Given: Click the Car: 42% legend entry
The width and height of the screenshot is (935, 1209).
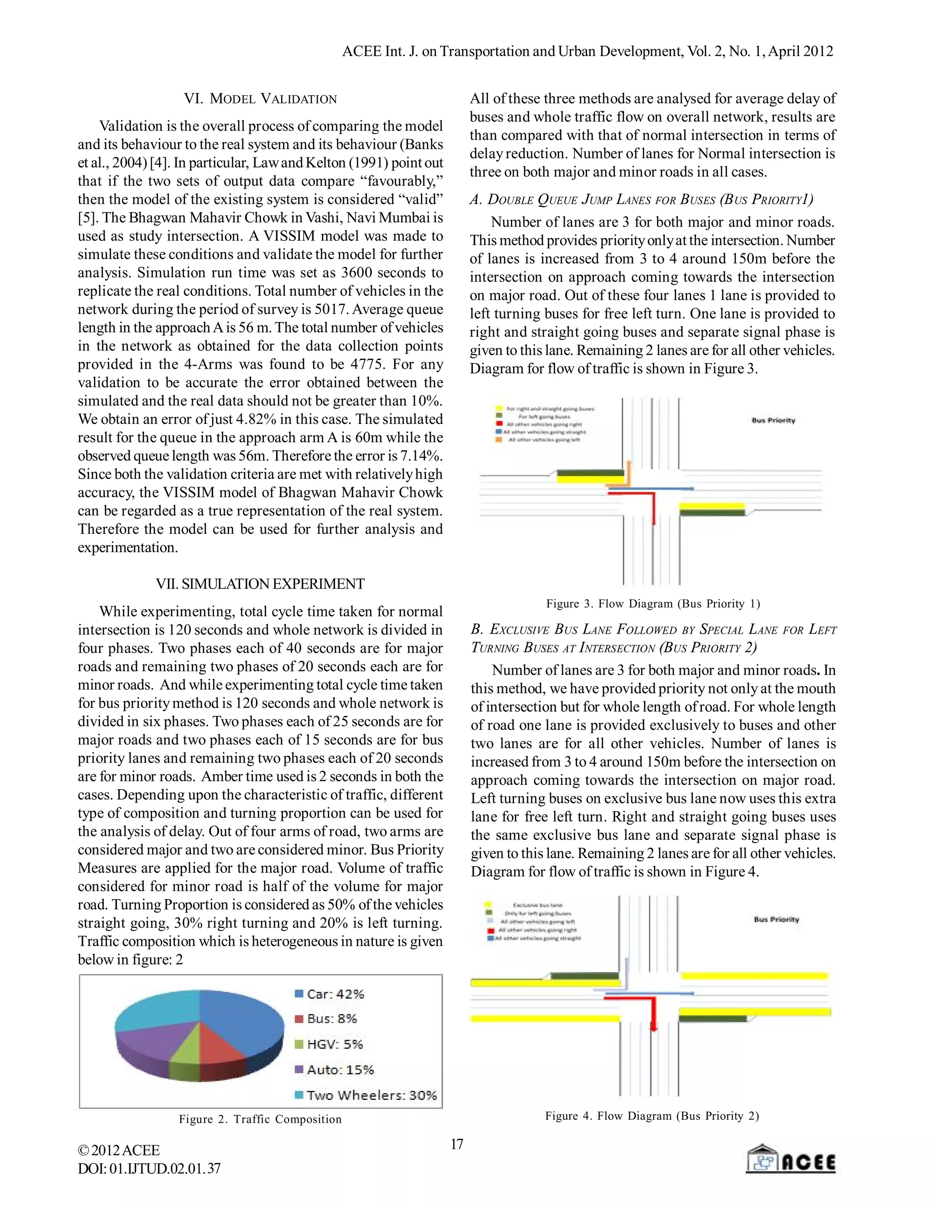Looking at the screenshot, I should coord(329,994).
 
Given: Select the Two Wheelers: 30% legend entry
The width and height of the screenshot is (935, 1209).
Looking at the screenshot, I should coord(366,1095).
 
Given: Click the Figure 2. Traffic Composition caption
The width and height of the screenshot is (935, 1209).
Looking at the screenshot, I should coord(260,1119).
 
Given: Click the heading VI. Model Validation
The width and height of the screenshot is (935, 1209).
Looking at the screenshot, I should coord(260,99).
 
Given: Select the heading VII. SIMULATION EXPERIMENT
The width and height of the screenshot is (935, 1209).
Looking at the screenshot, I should coord(260,584).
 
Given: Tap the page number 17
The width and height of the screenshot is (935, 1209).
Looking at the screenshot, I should coord(457,1144).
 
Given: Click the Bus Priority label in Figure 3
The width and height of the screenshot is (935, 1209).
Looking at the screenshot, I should coord(773,420).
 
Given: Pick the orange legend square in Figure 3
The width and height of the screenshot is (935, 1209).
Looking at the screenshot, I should coord(499,439).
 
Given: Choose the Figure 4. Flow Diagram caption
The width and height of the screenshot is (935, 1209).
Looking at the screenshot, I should coord(651,1116).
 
